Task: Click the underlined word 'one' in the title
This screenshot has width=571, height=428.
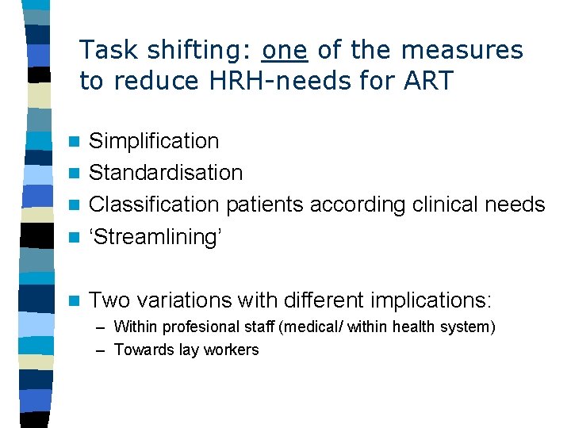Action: click(x=284, y=51)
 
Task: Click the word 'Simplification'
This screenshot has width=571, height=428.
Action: click(x=154, y=141)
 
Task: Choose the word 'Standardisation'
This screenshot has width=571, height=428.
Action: click(x=166, y=173)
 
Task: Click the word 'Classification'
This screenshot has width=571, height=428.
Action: click(x=154, y=204)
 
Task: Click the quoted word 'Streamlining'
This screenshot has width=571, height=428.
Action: click(x=154, y=237)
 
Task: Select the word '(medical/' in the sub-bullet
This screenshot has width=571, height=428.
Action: click(x=307, y=327)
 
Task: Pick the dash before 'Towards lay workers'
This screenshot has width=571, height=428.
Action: click(x=100, y=350)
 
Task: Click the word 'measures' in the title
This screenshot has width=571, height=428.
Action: click(x=462, y=51)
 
